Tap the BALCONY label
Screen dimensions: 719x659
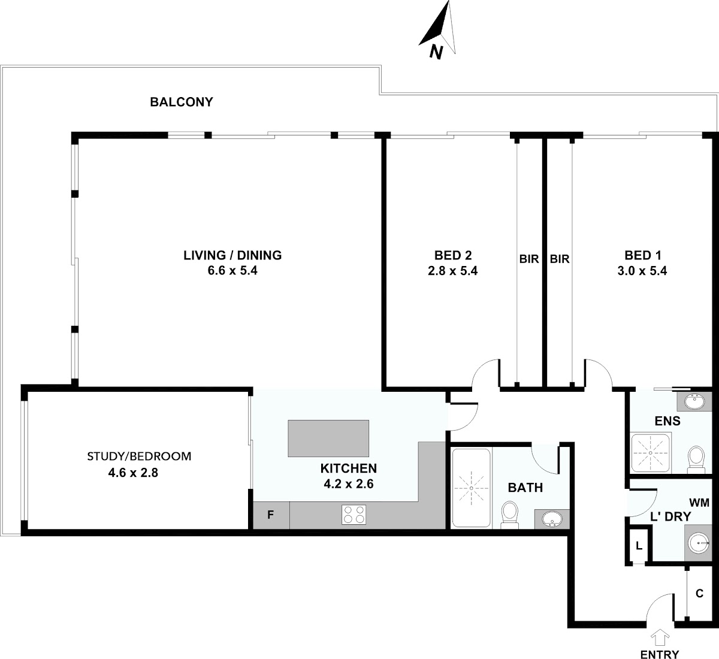[x=182, y=102]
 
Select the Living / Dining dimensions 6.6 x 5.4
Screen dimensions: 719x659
[x=232, y=270]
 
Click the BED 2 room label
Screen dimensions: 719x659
[x=453, y=255]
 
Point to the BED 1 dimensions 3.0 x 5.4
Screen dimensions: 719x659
[x=642, y=271]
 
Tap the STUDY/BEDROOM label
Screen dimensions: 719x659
[x=139, y=457]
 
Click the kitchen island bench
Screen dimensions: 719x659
[x=328, y=438]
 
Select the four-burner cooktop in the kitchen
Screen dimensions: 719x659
[x=354, y=515]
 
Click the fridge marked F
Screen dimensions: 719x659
[x=271, y=515]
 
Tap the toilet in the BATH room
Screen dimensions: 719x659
[x=509, y=515]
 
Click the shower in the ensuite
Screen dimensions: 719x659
[x=651, y=452]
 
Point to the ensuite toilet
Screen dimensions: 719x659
[x=696, y=460]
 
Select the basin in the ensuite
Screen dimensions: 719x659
[x=694, y=401]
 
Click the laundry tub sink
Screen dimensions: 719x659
[x=698, y=543]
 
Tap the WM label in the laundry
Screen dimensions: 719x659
[x=699, y=503]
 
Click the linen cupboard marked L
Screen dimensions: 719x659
[x=639, y=546]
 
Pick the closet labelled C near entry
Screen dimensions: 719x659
[x=699, y=593]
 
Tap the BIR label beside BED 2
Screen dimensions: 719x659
[x=529, y=259]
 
